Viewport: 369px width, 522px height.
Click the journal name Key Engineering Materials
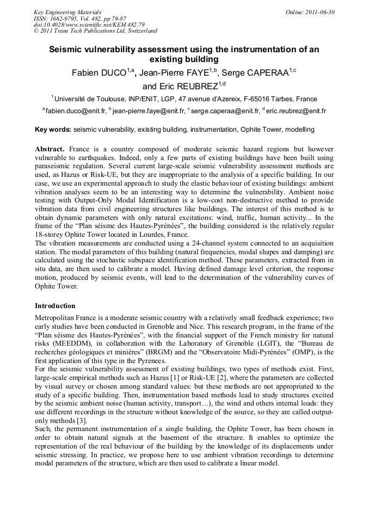click(x=67, y=12)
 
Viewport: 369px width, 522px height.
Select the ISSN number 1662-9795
click(x=69, y=19)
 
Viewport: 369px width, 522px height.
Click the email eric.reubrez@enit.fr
click(x=296, y=111)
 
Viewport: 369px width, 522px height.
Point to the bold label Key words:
click(x=53, y=130)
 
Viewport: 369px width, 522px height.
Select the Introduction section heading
click(x=55, y=306)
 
